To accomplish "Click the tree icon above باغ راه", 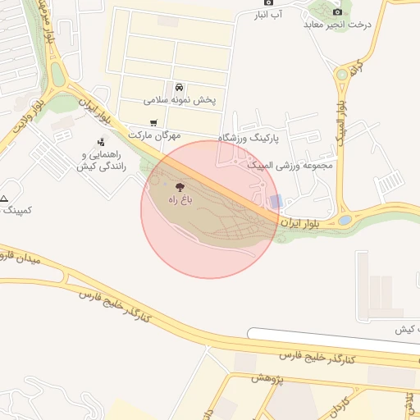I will pos(180,187).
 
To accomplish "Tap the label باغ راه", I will pos(180,200).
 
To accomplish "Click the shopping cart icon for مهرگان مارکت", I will pos(153,124).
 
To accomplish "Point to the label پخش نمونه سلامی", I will pos(180,100).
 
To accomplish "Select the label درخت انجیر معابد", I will pos(337,24).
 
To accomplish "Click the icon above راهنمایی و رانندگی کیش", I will pos(100,142).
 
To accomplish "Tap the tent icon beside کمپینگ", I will pos(3,199).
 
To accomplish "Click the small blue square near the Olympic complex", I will pos(276,201).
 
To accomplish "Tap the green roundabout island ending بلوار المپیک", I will pos(345,220).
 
